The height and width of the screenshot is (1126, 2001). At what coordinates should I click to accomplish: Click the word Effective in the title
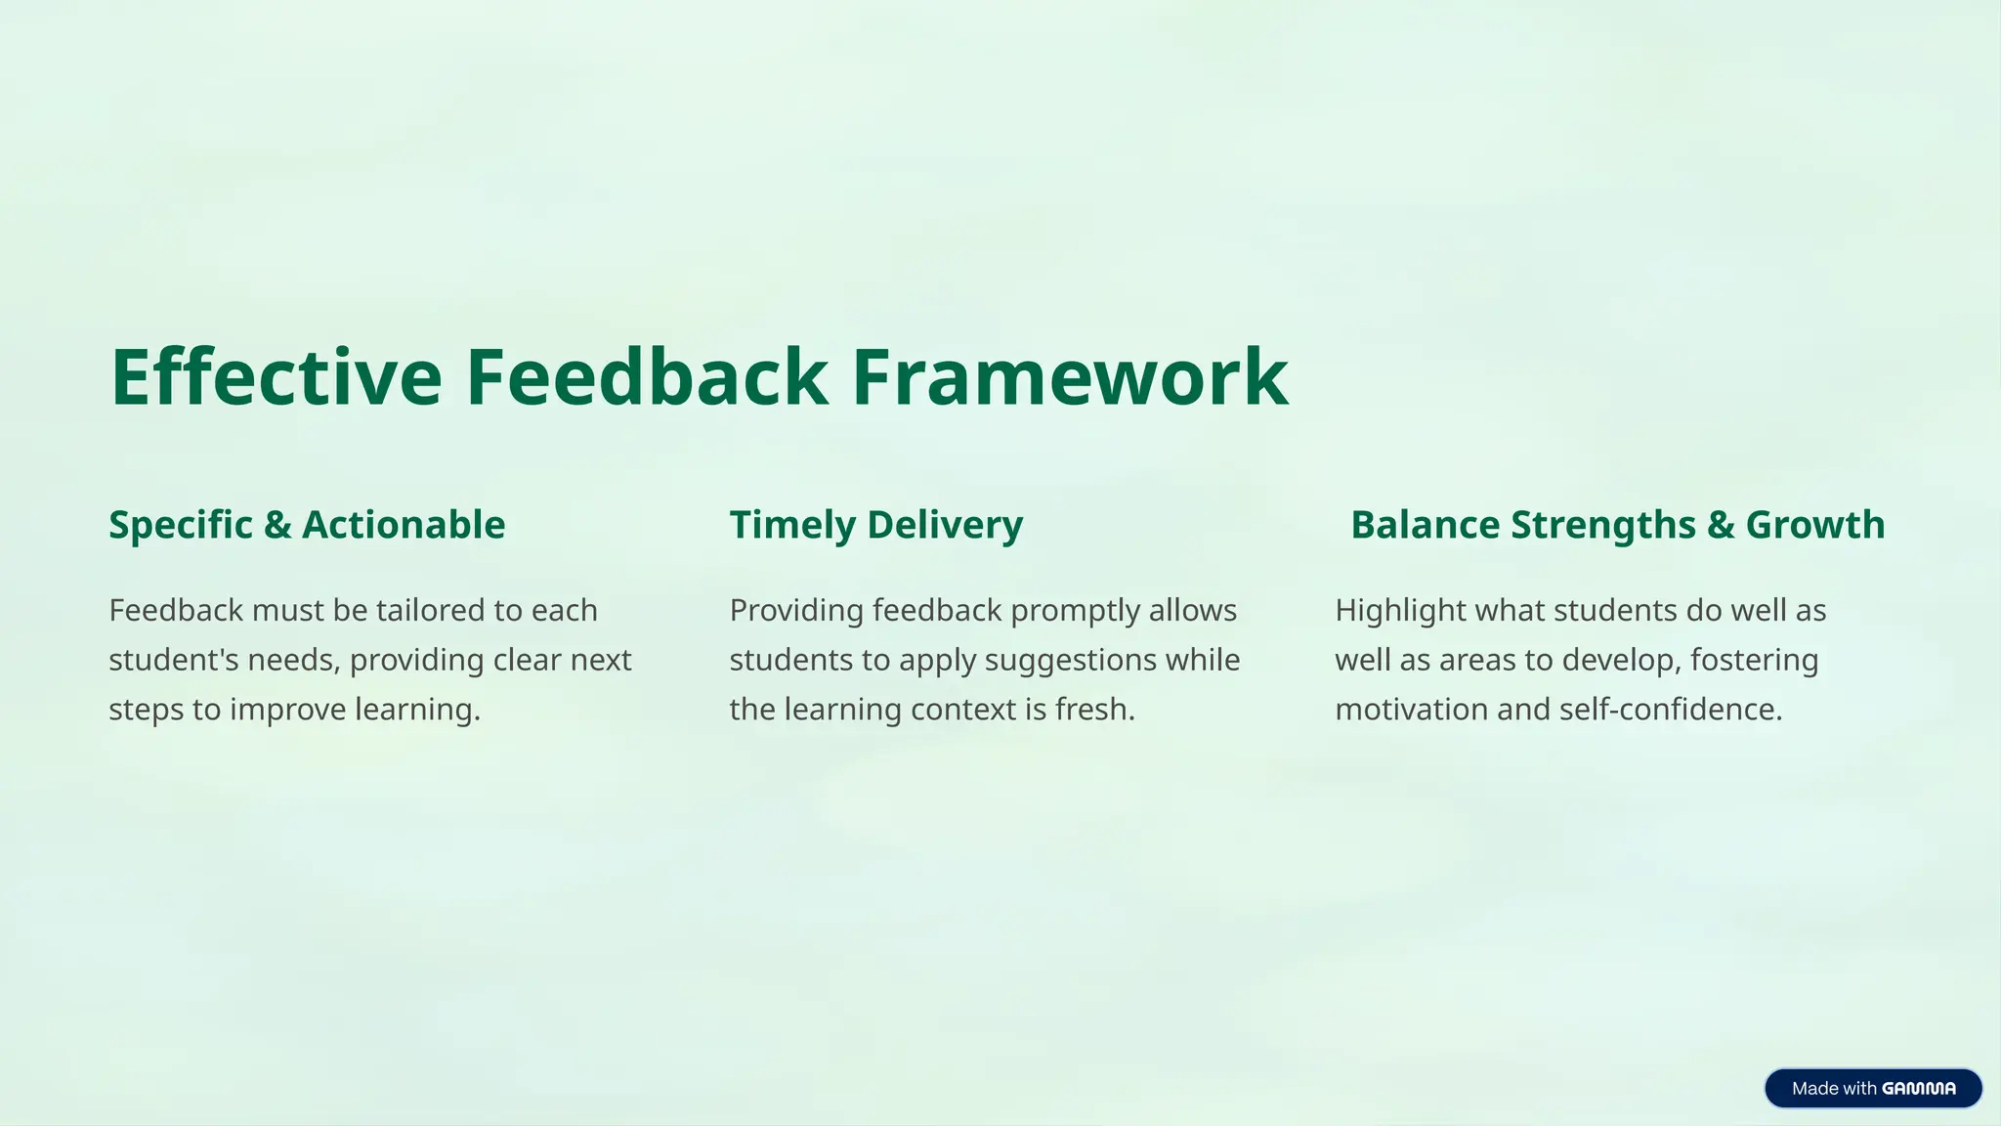point(277,377)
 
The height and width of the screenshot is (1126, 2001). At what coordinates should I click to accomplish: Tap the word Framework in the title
point(1070,377)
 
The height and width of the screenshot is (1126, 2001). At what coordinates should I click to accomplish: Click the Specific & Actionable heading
point(307,525)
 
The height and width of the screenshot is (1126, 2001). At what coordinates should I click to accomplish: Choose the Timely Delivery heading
point(876,525)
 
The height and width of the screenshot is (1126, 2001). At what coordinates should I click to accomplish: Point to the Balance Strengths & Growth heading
point(1617,525)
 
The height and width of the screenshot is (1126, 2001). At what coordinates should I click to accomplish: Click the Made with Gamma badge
point(1872,1088)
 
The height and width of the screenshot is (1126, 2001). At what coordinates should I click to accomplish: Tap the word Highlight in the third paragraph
point(1400,611)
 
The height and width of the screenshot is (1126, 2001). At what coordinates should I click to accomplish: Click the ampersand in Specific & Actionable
point(277,525)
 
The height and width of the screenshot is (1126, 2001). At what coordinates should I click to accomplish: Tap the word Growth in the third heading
point(1814,525)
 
